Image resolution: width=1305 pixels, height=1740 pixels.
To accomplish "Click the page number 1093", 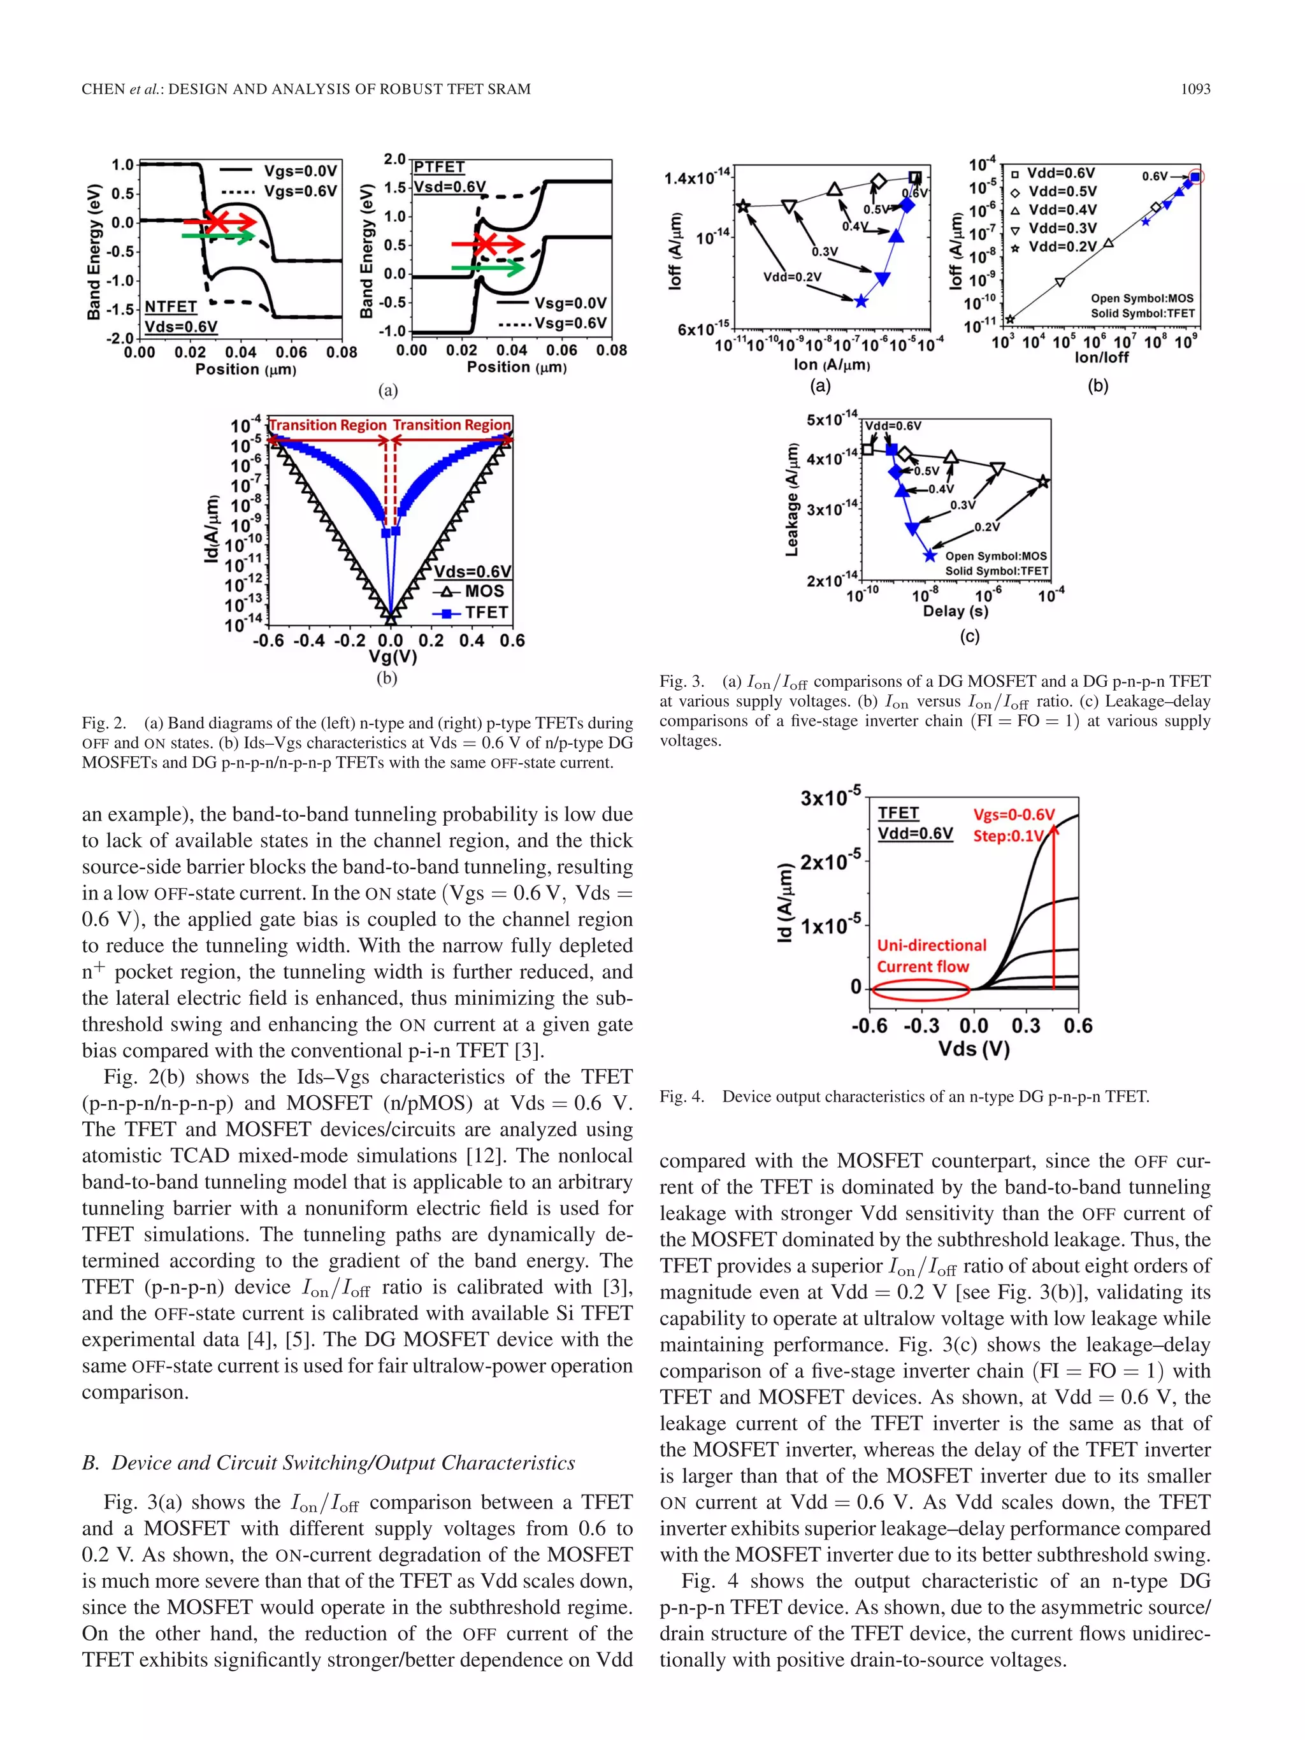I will pos(1195,89).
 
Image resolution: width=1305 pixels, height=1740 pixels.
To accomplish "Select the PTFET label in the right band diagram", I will pos(439,167).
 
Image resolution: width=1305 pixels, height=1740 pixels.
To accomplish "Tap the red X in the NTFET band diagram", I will pos(218,222).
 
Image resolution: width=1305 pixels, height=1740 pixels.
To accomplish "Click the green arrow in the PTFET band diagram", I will pos(487,268).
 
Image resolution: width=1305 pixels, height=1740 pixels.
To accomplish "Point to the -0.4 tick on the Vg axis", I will pos(309,641).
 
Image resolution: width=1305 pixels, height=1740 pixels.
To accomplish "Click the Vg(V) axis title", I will pos(393,658).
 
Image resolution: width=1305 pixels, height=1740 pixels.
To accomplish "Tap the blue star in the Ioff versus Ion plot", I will pos(862,301).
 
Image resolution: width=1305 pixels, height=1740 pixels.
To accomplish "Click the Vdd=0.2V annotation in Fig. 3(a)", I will pos(791,277).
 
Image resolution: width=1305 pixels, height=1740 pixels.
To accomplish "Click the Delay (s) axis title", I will pos(955,611).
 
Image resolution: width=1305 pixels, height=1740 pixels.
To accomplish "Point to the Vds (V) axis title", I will pos(973,1049).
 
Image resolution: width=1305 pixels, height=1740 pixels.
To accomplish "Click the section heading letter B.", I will pos(89,1463).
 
